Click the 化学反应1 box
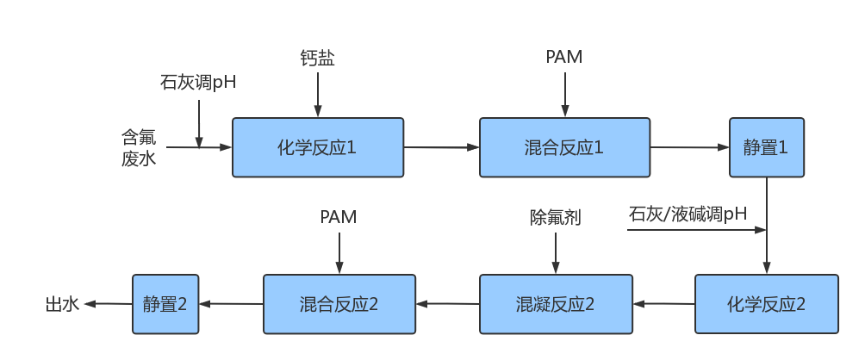(318, 148)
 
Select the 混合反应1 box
(563, 148)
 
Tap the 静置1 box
(767, 148)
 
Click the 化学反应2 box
(766, 304)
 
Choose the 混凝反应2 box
(555, 304)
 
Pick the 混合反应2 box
(339, 304)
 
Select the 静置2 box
(165, 304)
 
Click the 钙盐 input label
(317, 59)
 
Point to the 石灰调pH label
(198, 84)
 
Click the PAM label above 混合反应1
(564, 58)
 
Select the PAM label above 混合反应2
(339, 217)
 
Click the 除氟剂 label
(555, 217)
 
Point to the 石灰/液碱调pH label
(688, 214)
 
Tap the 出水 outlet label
(62, 304)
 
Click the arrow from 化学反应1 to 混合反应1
(441, 148)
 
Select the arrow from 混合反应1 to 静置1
(690, 148)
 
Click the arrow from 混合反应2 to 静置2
(231, 304)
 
